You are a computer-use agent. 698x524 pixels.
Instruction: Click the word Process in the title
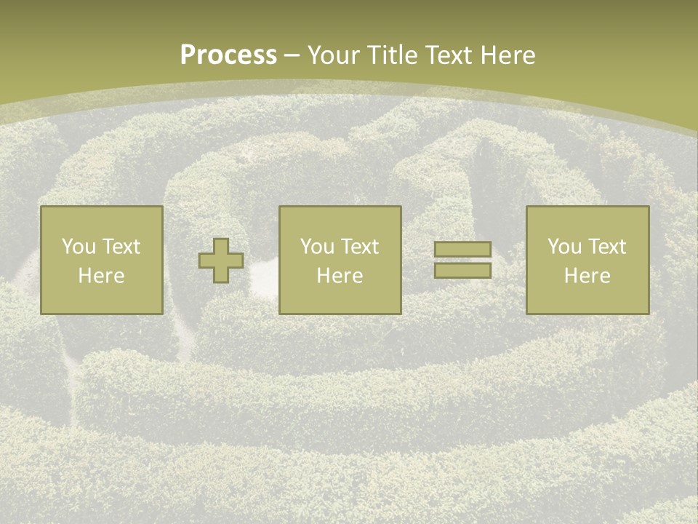pos(228,55)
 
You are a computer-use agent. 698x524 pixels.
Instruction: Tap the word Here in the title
pos(506,55)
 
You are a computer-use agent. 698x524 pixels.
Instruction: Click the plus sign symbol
pos(221,261)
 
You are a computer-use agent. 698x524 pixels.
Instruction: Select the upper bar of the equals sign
pos(462,250)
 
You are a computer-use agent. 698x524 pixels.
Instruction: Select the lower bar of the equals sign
pos(462,271)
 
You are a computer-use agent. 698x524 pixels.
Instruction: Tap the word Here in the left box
pos(101,276)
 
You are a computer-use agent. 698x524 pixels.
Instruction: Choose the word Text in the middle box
pos(358,247)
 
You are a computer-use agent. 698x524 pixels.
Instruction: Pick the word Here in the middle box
pos(340,276)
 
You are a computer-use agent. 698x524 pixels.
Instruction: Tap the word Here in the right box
pos(587,276)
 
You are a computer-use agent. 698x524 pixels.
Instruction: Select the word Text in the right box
pos(606,247)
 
